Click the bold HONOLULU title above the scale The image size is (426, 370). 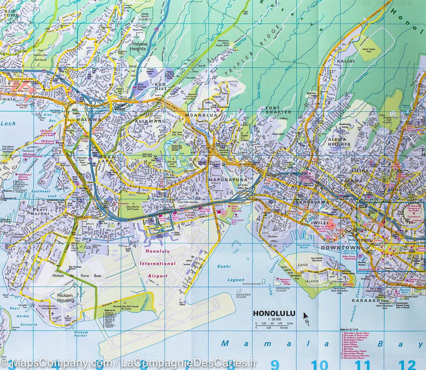274,314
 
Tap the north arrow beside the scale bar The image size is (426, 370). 306,317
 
